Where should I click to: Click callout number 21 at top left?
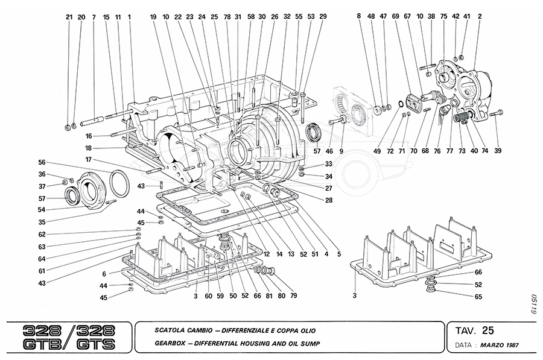[x=69, y=17]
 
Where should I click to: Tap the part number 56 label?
[x=42, y=163]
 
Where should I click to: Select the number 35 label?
[x=42, y=223]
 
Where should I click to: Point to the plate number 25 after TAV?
[x=488, y=330]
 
